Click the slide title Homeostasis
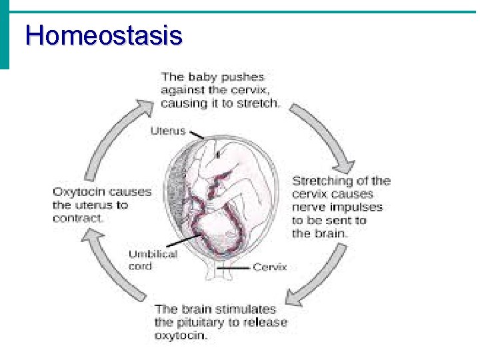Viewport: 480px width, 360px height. point(103,35)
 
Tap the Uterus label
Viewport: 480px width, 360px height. point(168,130)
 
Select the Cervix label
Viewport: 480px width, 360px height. point(269,267)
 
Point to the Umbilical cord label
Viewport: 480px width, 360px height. point(153,259)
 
